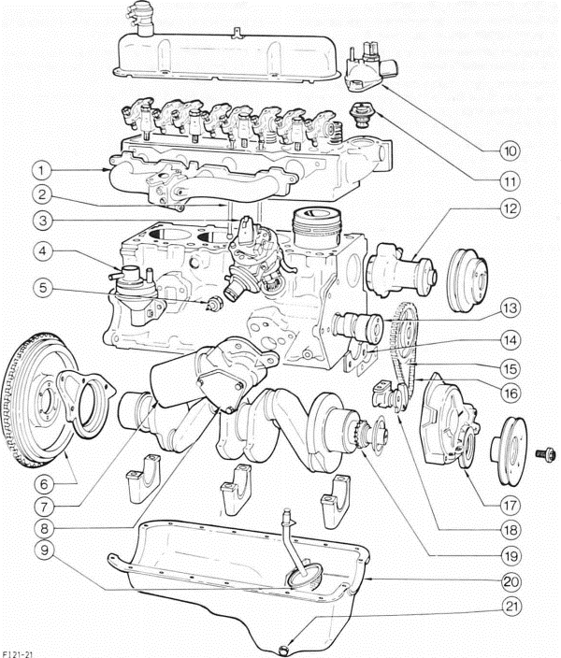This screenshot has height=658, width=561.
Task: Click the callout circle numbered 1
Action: pos(39,170)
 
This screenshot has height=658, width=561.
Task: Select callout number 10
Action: pos(511,149)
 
